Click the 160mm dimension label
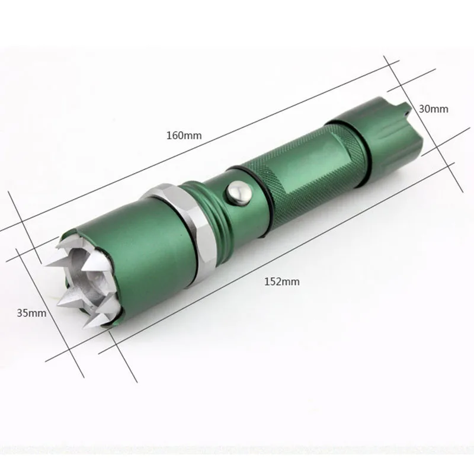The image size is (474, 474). point(184,135)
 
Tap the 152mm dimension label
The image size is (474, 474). point(282,282)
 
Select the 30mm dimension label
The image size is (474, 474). point(434,109)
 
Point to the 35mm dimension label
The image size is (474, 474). point(31,313)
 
